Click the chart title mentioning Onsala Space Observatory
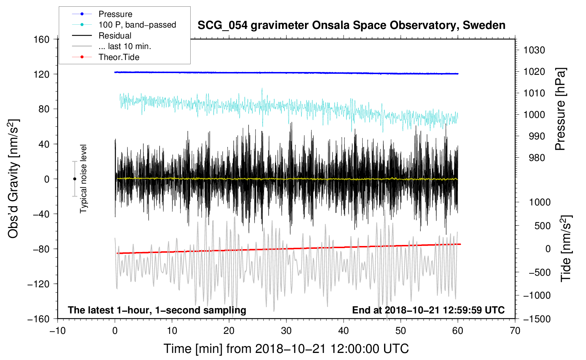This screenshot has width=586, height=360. tap(351, 25)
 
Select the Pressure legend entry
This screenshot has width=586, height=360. tap(115, 14)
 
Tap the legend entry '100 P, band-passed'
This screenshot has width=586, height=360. tap(137, 25)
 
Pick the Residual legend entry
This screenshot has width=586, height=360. tap(115, 36)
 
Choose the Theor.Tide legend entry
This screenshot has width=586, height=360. tap(119, 57)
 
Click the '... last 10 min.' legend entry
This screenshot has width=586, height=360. tap(125, 46)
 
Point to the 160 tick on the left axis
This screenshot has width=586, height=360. tap(41, 39)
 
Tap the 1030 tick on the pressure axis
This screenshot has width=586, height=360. tap(534, 50)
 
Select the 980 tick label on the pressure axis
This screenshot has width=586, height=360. tap(537, 158)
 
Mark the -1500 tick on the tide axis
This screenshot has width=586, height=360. tap(537, 319)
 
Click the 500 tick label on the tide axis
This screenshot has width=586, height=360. tap(542, 226)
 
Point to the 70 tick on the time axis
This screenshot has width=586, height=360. tap(515, 331)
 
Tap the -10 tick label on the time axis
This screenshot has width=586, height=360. tap(58, 331)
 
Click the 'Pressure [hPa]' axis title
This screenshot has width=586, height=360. tap(560, 109)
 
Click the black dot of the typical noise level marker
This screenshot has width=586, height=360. tap(74, 179)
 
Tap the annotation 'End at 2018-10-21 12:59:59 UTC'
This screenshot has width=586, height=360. tap(428, 310)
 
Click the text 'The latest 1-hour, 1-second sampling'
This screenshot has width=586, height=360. tap(157, 310)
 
